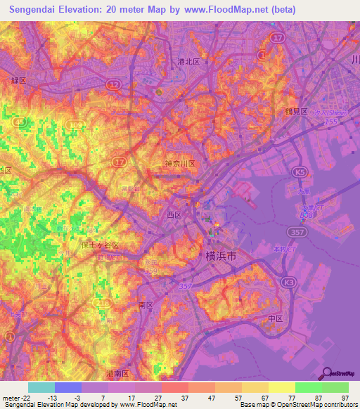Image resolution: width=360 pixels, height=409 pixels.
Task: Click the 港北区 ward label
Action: point(188,62)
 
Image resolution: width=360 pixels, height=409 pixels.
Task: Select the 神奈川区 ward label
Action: point(179,164)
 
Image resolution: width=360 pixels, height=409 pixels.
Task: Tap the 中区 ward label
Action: point(275,318)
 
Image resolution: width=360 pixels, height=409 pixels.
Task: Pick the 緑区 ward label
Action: point(18,81)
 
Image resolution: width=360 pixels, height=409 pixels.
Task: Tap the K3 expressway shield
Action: point(288,281)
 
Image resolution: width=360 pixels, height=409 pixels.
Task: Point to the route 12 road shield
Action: point(112,84)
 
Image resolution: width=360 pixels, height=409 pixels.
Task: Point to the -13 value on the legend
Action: point(52,397)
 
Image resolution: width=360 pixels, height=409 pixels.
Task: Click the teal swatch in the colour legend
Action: point(41,387)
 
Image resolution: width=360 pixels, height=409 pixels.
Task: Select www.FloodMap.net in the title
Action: point(227,10)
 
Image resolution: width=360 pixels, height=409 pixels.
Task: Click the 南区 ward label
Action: point(146,306)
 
